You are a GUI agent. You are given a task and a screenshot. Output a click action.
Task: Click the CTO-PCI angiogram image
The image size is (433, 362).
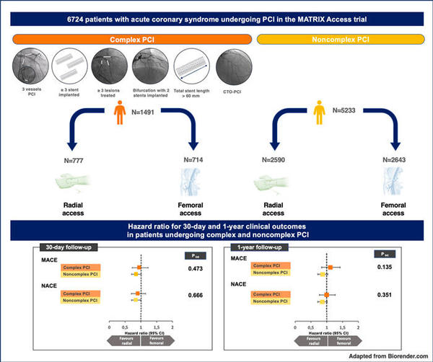point(235,69)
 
